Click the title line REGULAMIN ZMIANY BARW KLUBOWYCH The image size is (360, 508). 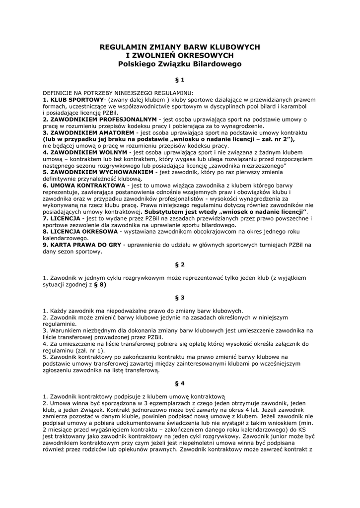pyautogui.click(x=180, y=47)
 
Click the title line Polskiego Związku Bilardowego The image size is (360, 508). pyautogui.click(x=180, y=63)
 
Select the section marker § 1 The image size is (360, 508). pyautogui.click(x=180, y=79)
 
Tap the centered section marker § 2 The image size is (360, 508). pyautogui.click(x=180, y=264)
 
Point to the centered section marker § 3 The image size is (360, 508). pyautogui.click(x=180, y=298)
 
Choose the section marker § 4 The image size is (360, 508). pyautogui.click(x=180, y=383)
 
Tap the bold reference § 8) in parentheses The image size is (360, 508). pyautogui.click(x=100, y=285)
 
